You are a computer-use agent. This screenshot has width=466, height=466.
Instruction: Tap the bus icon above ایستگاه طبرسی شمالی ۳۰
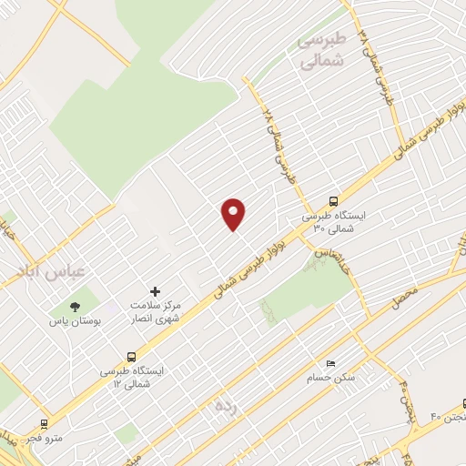[333, 202]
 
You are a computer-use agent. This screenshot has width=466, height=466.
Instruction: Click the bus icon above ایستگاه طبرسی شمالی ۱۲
[133, 357]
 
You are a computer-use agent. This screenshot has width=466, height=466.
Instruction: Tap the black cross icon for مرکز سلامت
[155, 291]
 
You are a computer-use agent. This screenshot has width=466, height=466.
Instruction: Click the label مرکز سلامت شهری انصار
[154, 312]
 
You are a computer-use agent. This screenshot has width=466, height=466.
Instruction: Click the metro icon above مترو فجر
[44, 424]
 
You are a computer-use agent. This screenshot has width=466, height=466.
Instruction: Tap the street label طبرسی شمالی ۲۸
[279, 145]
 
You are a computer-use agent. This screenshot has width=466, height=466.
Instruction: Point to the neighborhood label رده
[225, 406]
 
